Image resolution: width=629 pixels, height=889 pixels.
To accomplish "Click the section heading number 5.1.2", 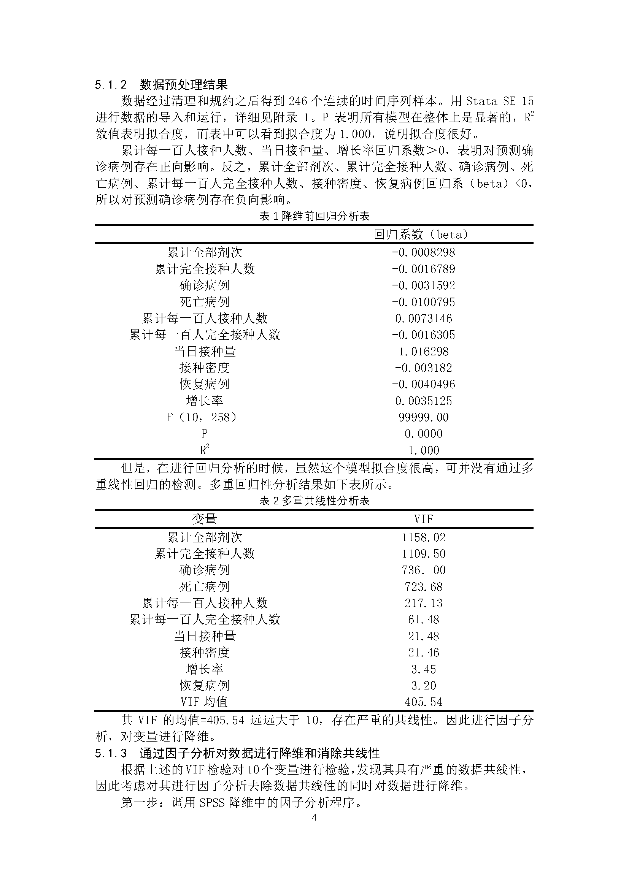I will coord(111,85).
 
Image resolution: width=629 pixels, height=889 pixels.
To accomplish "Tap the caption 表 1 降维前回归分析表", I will coord(314,216).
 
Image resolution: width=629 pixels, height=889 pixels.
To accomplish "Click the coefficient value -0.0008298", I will coord(423,252).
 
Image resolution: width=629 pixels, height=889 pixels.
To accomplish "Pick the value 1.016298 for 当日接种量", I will coord(423,352).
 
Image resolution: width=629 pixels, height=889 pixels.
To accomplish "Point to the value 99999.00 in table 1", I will coord(423,417).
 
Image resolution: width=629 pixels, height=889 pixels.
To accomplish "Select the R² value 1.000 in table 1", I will coord(423,450).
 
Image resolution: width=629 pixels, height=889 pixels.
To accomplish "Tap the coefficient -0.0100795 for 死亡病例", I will coord(423,302).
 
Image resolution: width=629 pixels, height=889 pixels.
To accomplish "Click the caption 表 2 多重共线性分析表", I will coord(314,501).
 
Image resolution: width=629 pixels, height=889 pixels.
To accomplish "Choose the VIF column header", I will coord(423,519).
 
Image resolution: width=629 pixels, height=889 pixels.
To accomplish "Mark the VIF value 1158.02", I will coord(423,537).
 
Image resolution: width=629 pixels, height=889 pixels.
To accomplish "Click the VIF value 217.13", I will coord(423,603).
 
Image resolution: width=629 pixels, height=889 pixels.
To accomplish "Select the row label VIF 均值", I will coord(204,702).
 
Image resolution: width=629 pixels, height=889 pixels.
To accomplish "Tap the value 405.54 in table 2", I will coord(423,702).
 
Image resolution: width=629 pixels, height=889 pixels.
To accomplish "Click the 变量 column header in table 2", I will coord(205,519).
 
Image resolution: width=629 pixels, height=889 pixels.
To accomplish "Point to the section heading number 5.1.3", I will coord(111,753).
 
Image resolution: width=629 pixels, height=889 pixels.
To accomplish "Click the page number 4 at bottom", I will coord(314,818).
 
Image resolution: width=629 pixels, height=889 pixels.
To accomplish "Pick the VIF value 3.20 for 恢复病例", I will coord(423,686).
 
